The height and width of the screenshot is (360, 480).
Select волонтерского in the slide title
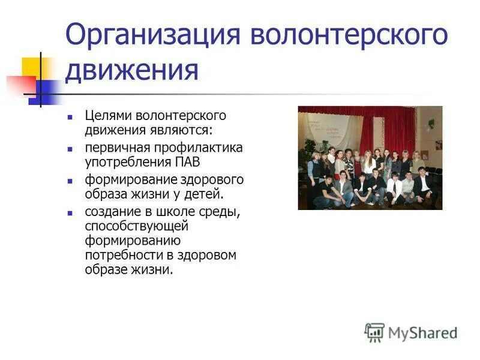(349, 35)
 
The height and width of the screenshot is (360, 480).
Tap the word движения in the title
(131, 71)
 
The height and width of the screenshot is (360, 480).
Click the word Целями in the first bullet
(106, 115)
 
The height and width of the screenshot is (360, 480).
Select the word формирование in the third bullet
(124, 180)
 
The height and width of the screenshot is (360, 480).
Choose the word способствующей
(136, 226)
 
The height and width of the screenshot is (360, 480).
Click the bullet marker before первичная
(70, 148)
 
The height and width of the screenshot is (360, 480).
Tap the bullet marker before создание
(70, 213)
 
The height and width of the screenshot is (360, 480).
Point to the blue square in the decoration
(43, 92)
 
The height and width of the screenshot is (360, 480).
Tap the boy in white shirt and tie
(395, 187)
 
